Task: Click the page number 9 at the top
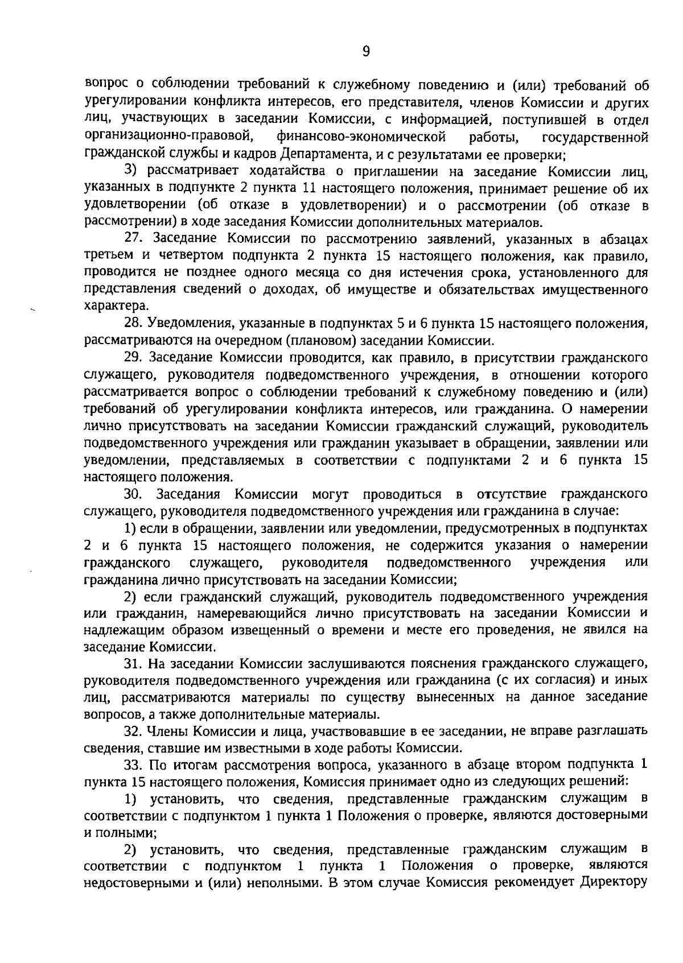click(x=366, y=52)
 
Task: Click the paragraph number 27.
click(x=134, y=239)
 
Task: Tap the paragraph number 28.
click(x=134, y=324)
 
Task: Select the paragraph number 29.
click(x=134, y=358)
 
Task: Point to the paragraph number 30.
click(x=134, y=493)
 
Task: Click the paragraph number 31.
click(x=134, y=663)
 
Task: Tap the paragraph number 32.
click(x=134, y=731)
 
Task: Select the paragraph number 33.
click(x=134, y=764)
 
